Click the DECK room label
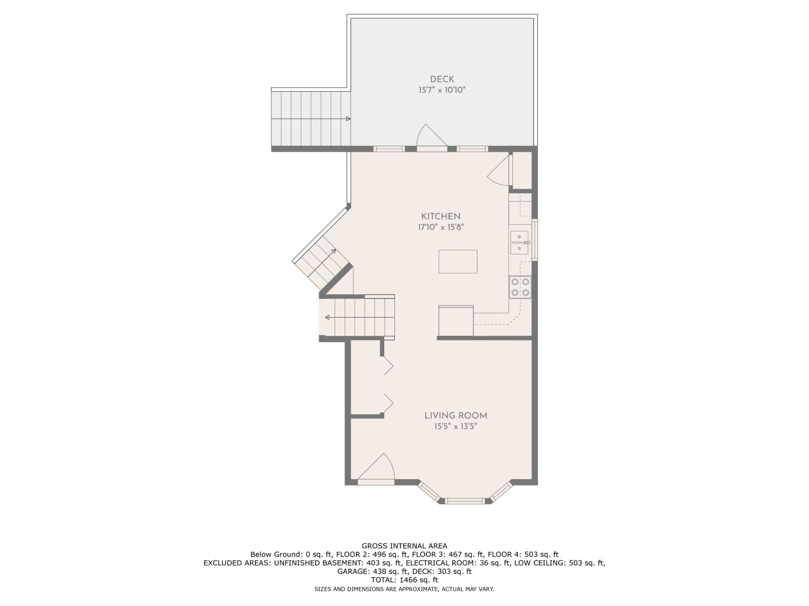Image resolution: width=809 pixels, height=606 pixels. (442, 79)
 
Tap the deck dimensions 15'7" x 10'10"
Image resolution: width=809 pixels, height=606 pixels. (442, 90)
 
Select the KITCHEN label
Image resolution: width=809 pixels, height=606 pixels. (440, 216)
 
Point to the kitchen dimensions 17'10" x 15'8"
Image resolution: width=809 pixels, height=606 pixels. (440, 227)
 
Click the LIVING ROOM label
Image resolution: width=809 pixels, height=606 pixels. (456, 416)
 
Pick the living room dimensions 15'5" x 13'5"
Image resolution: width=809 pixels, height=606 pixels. (455, 426)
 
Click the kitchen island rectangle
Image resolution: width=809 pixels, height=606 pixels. (458, 262)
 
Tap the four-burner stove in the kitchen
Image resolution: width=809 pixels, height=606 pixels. (520, 287)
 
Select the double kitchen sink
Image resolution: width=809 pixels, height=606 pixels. (520, 243)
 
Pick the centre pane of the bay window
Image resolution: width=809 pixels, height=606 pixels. (465, 501)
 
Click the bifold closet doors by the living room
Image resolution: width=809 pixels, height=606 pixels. (387, 385)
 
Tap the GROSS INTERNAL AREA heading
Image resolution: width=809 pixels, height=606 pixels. (404, 546)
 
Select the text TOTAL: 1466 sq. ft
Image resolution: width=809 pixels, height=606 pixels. (404, 580)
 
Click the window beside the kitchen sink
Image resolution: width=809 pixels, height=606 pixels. (535, 240)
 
